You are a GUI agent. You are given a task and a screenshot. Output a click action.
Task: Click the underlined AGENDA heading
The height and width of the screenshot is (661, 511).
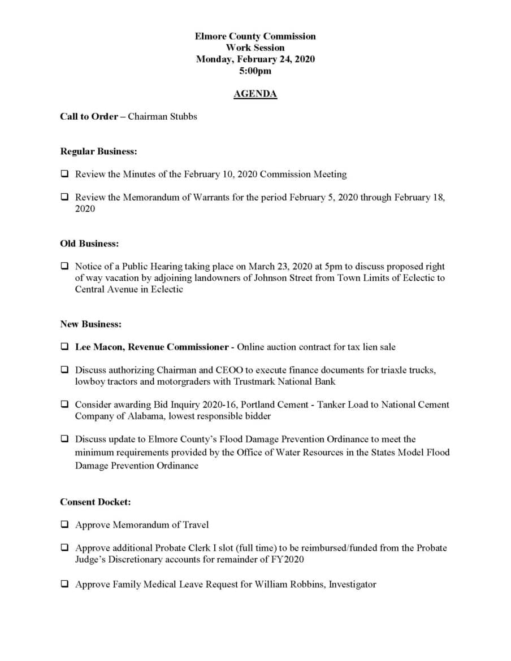click(x=255, y=94)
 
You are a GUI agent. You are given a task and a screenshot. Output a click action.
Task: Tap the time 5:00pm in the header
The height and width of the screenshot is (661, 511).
click(x=255, y=71)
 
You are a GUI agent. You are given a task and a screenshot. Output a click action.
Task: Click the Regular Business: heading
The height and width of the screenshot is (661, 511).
click(x=98, y=151)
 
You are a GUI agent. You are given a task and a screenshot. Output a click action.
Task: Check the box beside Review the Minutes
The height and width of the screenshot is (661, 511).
click(x=65, y=174)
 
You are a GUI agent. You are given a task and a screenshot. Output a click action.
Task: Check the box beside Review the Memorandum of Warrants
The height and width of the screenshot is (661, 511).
click(x=65, y=197)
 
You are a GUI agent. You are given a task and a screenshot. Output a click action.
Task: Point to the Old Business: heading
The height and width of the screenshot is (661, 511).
click(x=89, y=243)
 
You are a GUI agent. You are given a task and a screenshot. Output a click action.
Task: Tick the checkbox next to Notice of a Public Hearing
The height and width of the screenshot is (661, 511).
click(x=65, y=266)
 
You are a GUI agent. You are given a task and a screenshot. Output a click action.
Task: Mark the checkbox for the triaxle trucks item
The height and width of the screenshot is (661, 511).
click(x=65, y=370)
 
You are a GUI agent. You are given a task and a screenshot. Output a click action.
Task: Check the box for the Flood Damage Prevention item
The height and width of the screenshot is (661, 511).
click(x=65, y=439)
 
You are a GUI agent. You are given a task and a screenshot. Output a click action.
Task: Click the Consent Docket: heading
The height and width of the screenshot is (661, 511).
click(x=96, y=502)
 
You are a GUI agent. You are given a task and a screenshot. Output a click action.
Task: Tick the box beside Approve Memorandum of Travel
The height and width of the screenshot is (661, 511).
click(x=65, y=525)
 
